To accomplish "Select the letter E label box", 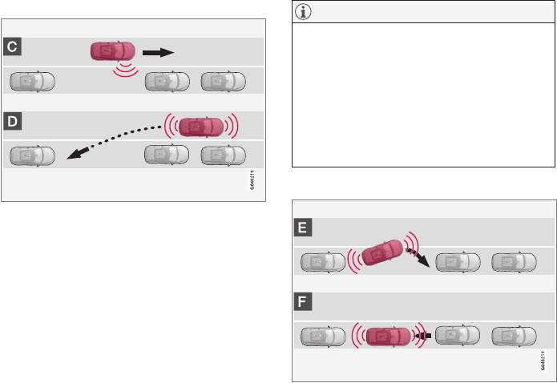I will tap(302, 227).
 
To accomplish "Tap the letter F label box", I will tap(302, 302).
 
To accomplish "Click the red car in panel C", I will tap(113, 51).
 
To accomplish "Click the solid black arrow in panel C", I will tap(158, 52).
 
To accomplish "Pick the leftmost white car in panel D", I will tap(30, 155).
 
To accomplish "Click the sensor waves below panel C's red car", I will tap(124, 70).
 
